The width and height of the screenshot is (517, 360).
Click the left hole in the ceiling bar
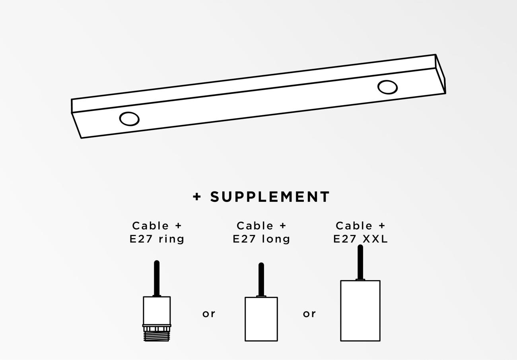[x=129, y=119]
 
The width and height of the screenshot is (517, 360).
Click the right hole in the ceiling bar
[x=387, y=87]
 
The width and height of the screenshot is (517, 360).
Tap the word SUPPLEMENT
[x=270, y=197]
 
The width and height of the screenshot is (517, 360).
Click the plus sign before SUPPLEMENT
[x=197, y=197]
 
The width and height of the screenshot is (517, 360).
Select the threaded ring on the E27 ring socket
[x=157, y=336]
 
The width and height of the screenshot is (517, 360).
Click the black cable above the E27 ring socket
[x=157, y=278]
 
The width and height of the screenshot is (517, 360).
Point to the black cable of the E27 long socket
[x=261, y=279]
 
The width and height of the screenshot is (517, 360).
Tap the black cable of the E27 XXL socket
[x=360, y=262]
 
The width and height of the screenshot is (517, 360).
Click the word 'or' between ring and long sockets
[x=209, y=314]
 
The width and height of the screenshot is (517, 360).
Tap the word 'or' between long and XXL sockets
[x=309, y=314]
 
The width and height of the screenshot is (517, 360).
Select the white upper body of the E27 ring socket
[x=157, y=310]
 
